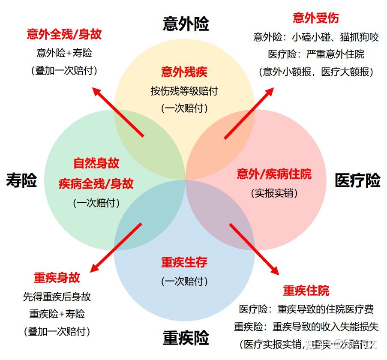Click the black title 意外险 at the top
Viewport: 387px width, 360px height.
[186, 24]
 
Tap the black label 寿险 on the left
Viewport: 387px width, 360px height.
[21, 180]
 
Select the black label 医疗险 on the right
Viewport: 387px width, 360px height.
[357, 180]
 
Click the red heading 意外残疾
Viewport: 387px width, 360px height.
[184, 72]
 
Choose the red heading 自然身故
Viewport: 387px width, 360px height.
[96, 163]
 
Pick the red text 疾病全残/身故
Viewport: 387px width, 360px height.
[96, 184]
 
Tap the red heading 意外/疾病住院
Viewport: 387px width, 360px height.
[274, 174]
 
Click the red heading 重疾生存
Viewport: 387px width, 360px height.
[184, 262]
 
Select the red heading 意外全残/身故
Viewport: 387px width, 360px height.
[64, 34]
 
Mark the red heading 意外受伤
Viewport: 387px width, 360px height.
[316, 18]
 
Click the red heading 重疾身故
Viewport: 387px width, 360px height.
[57, 277]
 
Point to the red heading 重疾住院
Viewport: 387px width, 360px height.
[306, 290]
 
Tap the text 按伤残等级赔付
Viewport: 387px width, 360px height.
[184, 91]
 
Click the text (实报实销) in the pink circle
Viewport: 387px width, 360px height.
[274, 193]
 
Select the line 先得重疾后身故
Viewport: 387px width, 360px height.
[57, 297]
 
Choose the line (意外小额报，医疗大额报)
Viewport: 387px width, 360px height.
[316, 72]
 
